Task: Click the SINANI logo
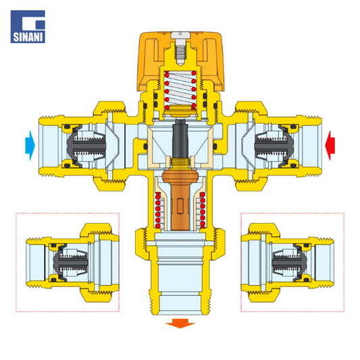pyautogui.click(x=28, y=26)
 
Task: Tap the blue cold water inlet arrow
pyautogui.click(x=30, y=145)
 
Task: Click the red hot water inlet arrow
pyautogui.click(x=330, y=145)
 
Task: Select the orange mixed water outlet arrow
pyautogui.click(x=180, y=324)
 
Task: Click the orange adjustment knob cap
pyautogui.click(x=181, y=61)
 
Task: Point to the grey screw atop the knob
pyautogui.click(x=180, y=47)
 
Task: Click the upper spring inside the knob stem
pyautogui.click(x=180, y=90)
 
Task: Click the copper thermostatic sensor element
pyautogui.click(x=180, y=200)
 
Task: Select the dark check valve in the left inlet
pyautogui.click(x=86, y=146)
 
